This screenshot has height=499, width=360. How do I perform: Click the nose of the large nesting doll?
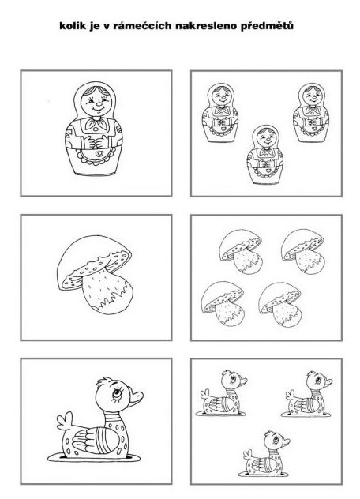click(x=99, y=104)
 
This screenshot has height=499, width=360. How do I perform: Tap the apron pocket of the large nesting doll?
click(x=100, y=155)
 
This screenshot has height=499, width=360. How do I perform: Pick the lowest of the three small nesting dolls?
click(x=265, y=155)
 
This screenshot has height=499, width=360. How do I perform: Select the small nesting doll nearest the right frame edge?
click(x=311, y=113)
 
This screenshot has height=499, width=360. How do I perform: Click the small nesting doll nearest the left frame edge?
click(x=220, y=113)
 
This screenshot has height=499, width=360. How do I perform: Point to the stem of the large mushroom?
click(x=107, y=291)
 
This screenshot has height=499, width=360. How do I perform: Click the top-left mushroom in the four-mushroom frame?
click(x=241, y=251)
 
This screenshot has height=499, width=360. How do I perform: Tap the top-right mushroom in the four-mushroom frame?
click(x=302, y=251)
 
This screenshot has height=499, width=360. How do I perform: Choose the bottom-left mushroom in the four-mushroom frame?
click(x=223, y=303)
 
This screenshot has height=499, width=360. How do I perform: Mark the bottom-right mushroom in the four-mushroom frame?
click(x=279, y=304)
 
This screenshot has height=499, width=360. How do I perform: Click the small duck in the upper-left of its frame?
click(x=222, y=393)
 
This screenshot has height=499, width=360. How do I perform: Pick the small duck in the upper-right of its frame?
click(x=307, y=394)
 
